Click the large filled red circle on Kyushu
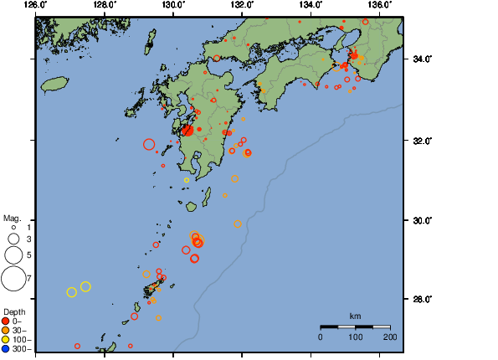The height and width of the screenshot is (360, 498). (187, 130)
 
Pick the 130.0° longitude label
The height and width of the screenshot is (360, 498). (173, 5)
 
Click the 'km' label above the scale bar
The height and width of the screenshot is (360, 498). (355, 316)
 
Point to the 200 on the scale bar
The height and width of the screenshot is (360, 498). (389, 337)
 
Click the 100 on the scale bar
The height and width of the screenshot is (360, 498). (355, 337)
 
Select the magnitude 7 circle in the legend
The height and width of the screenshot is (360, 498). (13, 276)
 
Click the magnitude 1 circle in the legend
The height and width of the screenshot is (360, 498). (13, 227)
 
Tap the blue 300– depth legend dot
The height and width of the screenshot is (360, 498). (6, 348)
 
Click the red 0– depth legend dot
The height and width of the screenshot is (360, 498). (6, 321)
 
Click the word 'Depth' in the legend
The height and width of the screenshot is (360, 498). (14, 311)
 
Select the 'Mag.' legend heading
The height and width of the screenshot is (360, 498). (12, 217)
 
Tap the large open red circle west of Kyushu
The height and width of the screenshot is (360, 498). (149, 144)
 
